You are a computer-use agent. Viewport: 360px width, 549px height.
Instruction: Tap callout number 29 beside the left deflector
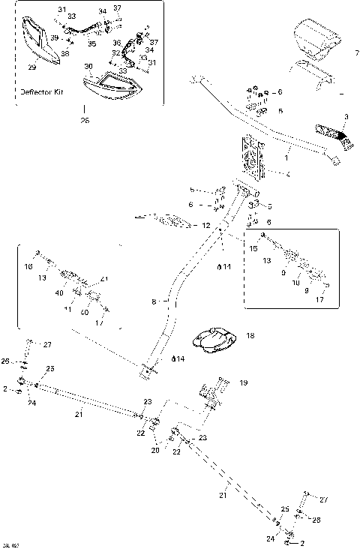[31, 67]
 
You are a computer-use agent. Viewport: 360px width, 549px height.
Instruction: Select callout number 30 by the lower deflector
[88, 67]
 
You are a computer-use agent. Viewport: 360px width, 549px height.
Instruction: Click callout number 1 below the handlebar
[286, 158]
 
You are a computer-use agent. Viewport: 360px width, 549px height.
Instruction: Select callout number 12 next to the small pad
[206, 225]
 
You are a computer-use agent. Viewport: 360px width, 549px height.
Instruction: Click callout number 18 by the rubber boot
[250, 336]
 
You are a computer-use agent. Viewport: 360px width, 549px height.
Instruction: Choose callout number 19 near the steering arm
[243, 382]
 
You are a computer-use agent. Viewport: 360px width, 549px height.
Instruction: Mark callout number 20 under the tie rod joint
[155, 450]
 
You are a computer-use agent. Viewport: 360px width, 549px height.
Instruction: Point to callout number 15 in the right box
[253, 248]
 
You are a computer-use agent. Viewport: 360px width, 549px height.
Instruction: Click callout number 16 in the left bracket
[28, 266]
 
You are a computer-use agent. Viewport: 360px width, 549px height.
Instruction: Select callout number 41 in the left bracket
[104, 279]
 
